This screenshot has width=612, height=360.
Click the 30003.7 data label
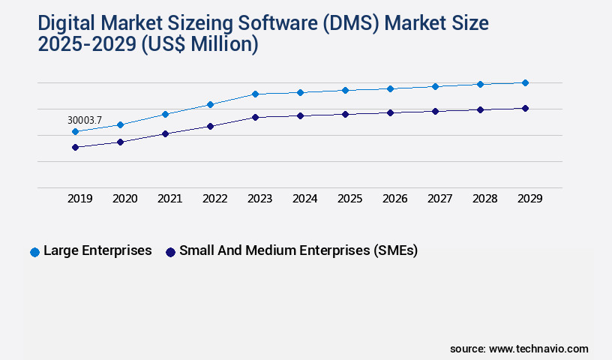(x=84, y=120)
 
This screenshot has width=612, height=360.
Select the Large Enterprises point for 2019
(x=75, y=132)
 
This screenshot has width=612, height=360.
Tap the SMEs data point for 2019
(x=75, y=147)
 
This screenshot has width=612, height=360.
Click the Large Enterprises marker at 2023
(x=255, y=94)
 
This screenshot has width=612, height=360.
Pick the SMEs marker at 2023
(x=255, y=117)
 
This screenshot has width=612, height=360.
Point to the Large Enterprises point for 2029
(x=525, y=82)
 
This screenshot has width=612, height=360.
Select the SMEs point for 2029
(x=525, y=108)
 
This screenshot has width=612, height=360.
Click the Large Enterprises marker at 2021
(x=165, y=114)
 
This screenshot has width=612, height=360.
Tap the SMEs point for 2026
(x=390, y=112)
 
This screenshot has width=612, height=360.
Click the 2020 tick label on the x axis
(x=124, y=199)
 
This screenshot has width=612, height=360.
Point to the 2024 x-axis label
(x=304, y=199)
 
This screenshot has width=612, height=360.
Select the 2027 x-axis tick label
(x=439, y=199)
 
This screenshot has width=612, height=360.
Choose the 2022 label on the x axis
(x=214, y=199)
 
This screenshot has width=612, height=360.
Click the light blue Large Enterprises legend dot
(x=34, y=252)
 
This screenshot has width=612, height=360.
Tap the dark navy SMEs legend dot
(x=170, y=252)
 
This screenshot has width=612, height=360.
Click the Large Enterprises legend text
(x=97, y=250)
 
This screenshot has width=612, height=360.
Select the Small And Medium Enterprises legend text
(x=298, y=250)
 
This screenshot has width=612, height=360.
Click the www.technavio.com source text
(x=538, y=349)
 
